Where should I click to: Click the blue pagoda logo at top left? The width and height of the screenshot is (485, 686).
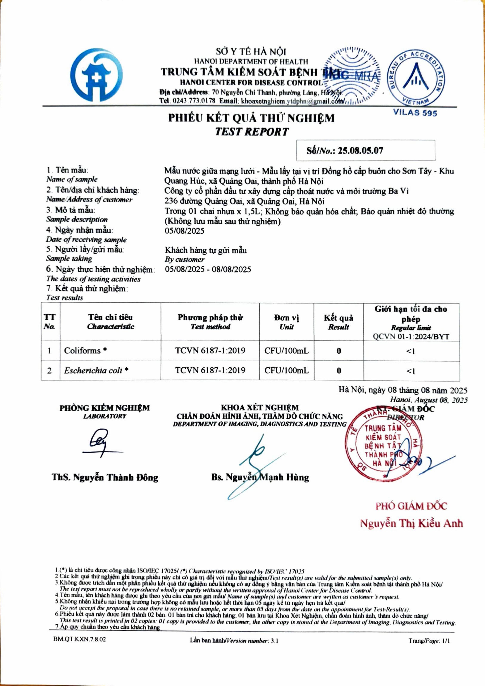click(x=96, y=75)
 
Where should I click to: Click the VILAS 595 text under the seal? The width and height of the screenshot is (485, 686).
click(x=415, y=113)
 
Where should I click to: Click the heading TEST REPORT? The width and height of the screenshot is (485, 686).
click(x=252, y=132)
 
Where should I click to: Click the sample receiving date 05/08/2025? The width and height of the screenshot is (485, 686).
click(x=184, y=231)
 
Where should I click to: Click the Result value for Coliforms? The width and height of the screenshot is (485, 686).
click(x=339, y=351)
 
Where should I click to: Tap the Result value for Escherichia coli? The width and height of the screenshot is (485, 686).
click(x=339, y=370)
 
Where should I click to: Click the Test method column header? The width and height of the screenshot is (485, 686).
click(x=210, y=322)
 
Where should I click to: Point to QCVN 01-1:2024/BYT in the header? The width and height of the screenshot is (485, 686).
click(x=411, y=337)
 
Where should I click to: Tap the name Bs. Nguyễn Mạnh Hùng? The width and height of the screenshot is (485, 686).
click(x=260, y=477)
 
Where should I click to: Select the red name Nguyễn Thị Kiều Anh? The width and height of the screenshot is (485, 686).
click(x=411, y=523)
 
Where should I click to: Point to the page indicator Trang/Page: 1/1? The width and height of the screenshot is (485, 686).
click(x=429, y=640)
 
